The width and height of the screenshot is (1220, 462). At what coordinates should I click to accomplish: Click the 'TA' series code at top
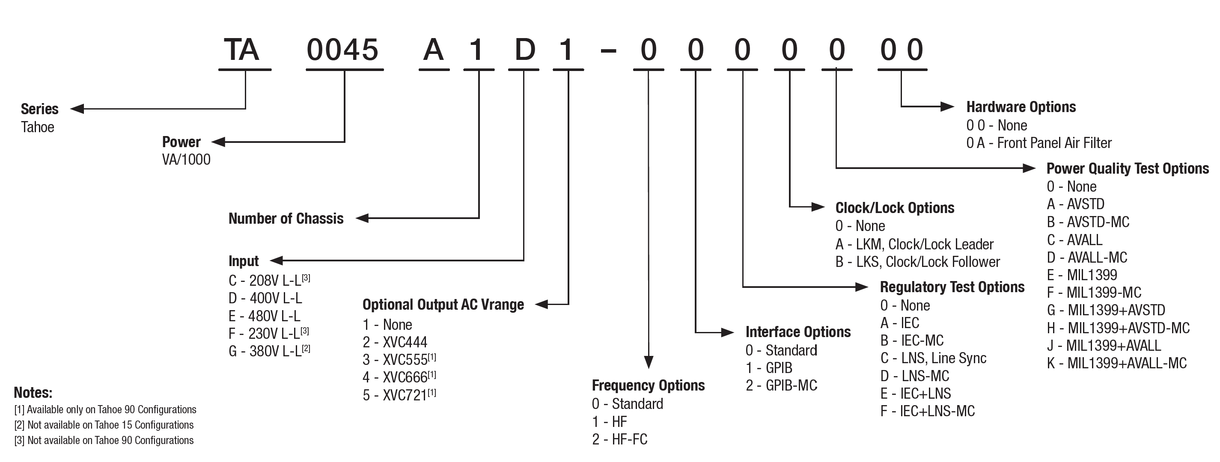click(x=241, y=50)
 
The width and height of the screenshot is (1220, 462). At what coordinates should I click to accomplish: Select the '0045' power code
click(x=342, y=50)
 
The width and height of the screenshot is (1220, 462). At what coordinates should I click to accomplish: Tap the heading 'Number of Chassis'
click(x=286, y=218)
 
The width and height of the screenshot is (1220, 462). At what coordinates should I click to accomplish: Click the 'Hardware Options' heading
click(x=1021, y=107)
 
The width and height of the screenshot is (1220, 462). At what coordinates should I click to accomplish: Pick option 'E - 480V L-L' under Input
click(x=264, y=316)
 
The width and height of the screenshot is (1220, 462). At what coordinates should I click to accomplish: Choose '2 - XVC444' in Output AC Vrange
click(x=395, y=342)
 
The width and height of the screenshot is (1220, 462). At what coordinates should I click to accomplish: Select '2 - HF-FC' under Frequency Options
click(x=619, y=439)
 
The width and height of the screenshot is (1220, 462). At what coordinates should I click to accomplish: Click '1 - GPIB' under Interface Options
click(x=769, y=368)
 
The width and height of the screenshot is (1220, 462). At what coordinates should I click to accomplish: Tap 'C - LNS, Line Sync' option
click(x=933, y=358)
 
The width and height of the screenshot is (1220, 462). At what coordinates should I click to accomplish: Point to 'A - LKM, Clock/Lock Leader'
click(x=914, y=244)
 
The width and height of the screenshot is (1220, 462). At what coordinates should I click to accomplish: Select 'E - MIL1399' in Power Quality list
click(x=1082, y=275)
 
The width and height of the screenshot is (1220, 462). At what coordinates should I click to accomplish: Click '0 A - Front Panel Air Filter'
click(x=1038, y=143)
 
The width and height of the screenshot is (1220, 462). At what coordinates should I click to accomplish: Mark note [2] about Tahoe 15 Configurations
click(x=104, y=425)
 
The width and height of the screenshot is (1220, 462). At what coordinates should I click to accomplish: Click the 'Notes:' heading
click(x=33, y=392)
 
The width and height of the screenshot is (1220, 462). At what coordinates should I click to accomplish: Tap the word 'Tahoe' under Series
click(x=37, y=127)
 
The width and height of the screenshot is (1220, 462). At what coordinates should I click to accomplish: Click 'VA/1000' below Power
click(x=186, y=160)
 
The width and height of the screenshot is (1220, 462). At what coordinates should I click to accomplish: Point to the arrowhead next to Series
click(x=77, y=109)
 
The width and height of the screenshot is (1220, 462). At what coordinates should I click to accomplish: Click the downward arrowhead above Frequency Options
click(x=649, y=362)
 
